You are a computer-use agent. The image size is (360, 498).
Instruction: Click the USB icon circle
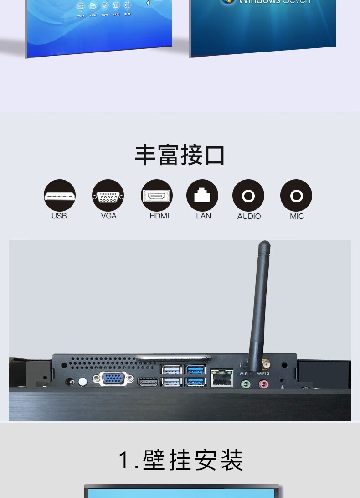point(60,196)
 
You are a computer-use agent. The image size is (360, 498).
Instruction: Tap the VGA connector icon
point(108,196)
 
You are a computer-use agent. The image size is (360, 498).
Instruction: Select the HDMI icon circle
point(157,196)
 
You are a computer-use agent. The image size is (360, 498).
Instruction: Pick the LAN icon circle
point(202,196)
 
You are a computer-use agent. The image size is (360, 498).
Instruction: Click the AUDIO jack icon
point(248,196)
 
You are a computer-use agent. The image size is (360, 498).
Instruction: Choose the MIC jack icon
point(296,196)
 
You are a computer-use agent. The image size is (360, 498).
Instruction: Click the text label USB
point(59,216)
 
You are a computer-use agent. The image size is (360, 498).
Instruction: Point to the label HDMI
point(159,216)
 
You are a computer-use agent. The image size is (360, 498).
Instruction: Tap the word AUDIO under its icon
point(249,216)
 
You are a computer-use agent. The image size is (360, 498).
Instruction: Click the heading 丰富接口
point(180,155)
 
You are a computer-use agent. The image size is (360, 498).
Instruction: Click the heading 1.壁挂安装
point(181,460)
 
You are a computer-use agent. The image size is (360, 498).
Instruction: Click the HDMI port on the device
point(148,382)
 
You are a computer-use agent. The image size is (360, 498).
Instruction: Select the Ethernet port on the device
point(222,378)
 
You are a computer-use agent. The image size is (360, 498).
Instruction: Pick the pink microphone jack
point(264,384)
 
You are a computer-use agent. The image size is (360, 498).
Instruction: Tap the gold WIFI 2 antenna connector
point(265,365)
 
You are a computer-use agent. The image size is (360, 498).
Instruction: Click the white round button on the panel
point(82,381)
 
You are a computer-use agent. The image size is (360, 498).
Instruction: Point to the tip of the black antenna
point(264,245)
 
